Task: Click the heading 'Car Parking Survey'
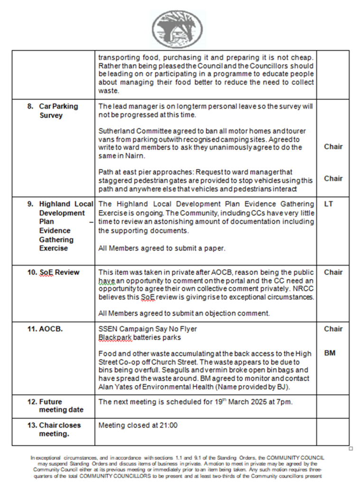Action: tap(58, 110)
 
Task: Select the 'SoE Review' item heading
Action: tap(59, 272)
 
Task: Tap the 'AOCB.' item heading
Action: tap(52, 329)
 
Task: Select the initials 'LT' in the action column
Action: tap(329, 204)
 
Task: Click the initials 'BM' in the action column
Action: tap(330, 353)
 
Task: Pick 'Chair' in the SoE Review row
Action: tap(333, 272)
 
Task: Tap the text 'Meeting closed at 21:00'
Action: tap(138, 425)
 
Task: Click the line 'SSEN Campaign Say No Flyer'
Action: tap(148, 329)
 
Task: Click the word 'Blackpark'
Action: tap(114, 337)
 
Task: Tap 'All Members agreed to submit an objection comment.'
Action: tap(184, 313)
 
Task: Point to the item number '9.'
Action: tap(30, 204)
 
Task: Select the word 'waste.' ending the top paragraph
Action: tap(108, 91)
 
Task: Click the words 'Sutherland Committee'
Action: tap(129, 130)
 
